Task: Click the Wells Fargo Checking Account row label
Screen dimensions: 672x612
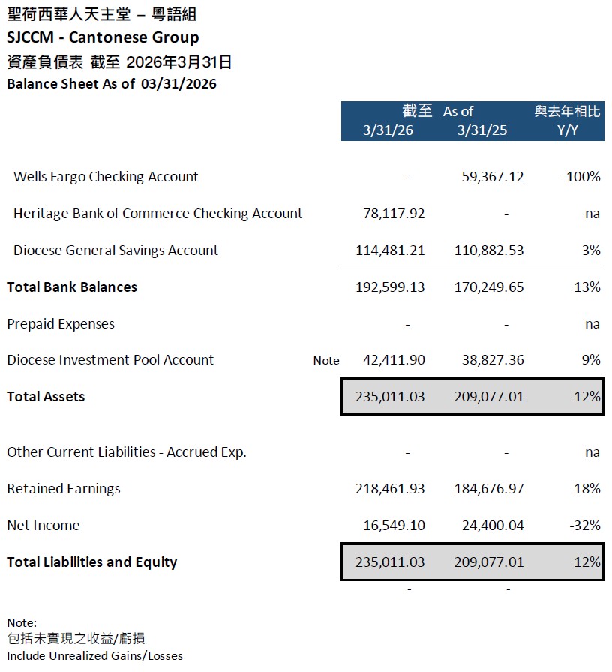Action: pyautogui.click(x=106, y=177)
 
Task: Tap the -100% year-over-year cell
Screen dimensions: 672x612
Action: pyautogui.click(x=580, y=177)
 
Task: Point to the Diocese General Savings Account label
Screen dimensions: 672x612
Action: pyautogui.click(x=115, y=250)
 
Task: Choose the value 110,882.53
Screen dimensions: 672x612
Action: pyautogui.click(x=489, y=250)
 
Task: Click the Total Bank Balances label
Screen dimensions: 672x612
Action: pyautogui.click(x=72, y=287)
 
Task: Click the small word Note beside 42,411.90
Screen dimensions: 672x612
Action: pyautogui.click(x=326, y=361)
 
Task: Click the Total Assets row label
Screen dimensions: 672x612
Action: pyautogui.click(x=46, y=397)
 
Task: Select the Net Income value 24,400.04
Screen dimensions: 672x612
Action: pyautogui.click(x=489, y=526)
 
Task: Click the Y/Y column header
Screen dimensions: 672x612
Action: pyautogui.click(x=568, y=130)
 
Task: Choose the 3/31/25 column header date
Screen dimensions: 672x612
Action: pyautogui.click(x=482, y=130)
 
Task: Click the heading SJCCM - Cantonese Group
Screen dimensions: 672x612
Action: pyautogui.click(x=103, y=37)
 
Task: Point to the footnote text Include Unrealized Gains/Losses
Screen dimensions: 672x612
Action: pyautogui.click(x=94, y=655)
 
